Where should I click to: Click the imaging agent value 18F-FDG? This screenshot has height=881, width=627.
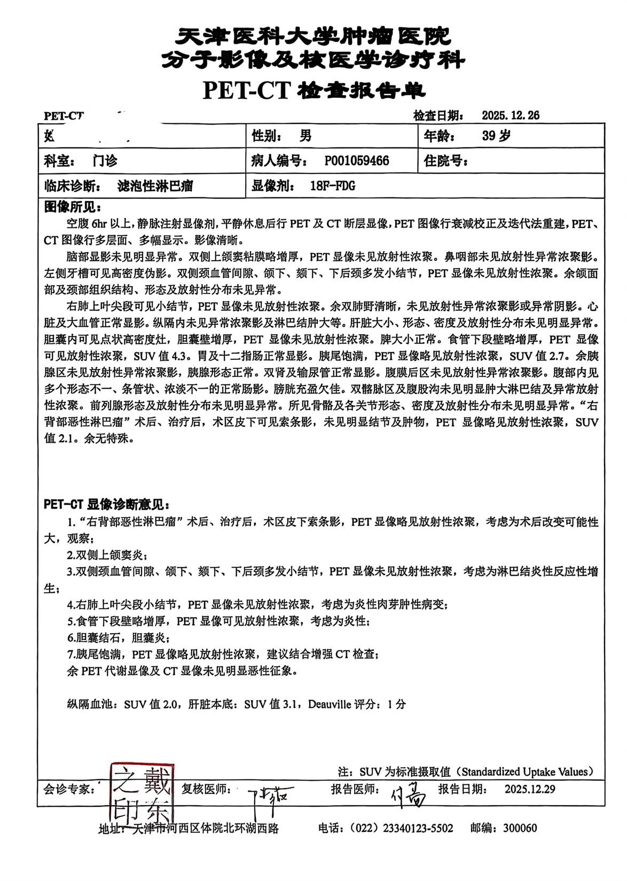332,186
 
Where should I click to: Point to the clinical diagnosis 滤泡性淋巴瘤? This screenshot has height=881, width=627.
155,186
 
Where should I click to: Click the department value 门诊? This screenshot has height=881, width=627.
104,161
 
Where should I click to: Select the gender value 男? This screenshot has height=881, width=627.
305,136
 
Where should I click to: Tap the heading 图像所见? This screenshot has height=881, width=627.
72,207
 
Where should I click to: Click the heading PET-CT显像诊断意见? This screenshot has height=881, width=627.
107,504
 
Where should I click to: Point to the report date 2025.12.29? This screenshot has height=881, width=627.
529,789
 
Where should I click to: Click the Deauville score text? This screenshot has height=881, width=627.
364,704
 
